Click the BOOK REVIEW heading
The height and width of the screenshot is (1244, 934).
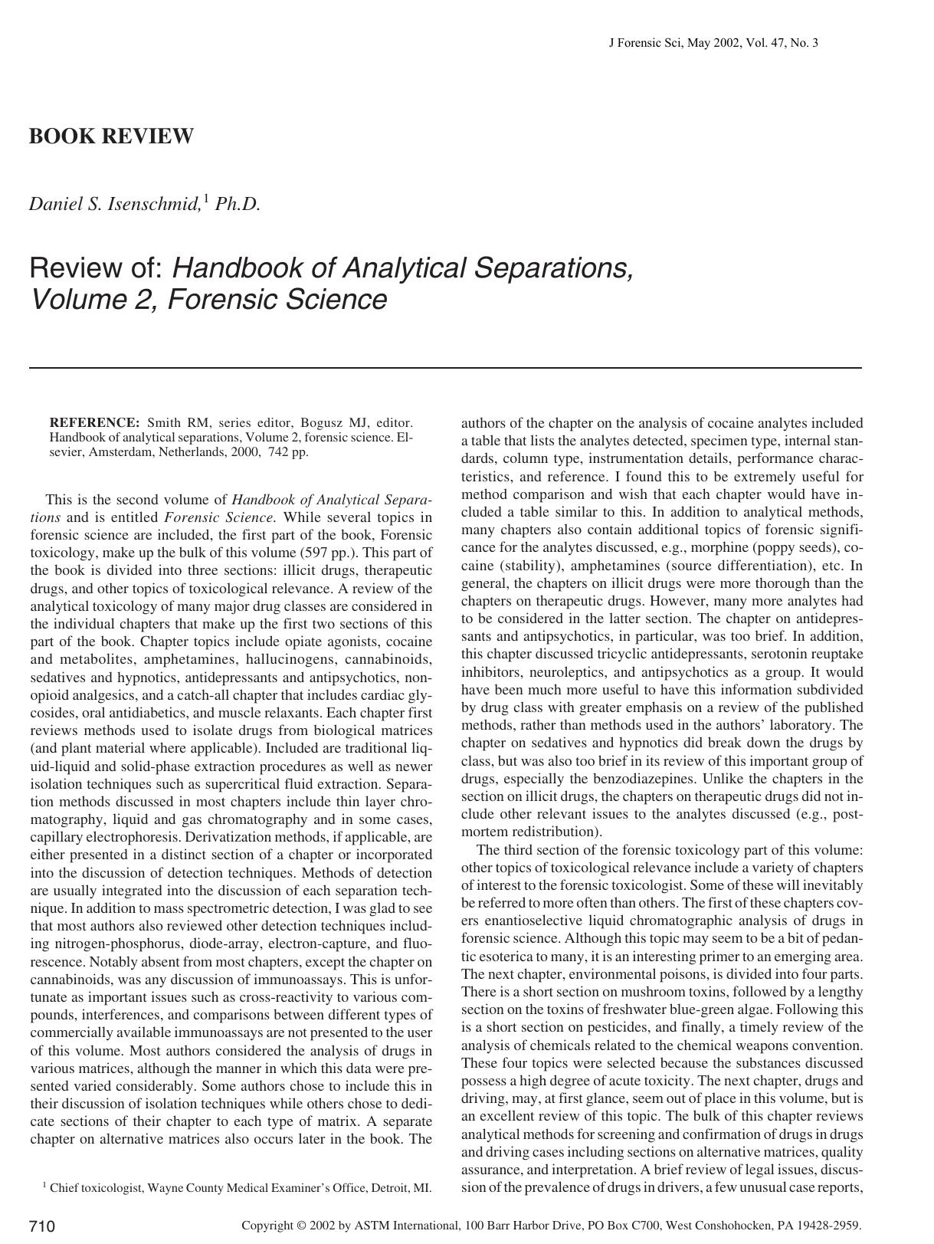click(111, 136)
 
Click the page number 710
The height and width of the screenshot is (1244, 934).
click(42, 1226)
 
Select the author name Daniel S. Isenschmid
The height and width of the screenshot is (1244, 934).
click(115, 204)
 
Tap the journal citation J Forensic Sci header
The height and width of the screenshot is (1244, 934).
click(713, 43)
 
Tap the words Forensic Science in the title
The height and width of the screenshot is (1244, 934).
click(277, 300)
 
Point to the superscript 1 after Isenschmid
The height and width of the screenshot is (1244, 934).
click(206, 198)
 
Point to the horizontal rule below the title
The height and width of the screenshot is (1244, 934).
click(445, 368)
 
